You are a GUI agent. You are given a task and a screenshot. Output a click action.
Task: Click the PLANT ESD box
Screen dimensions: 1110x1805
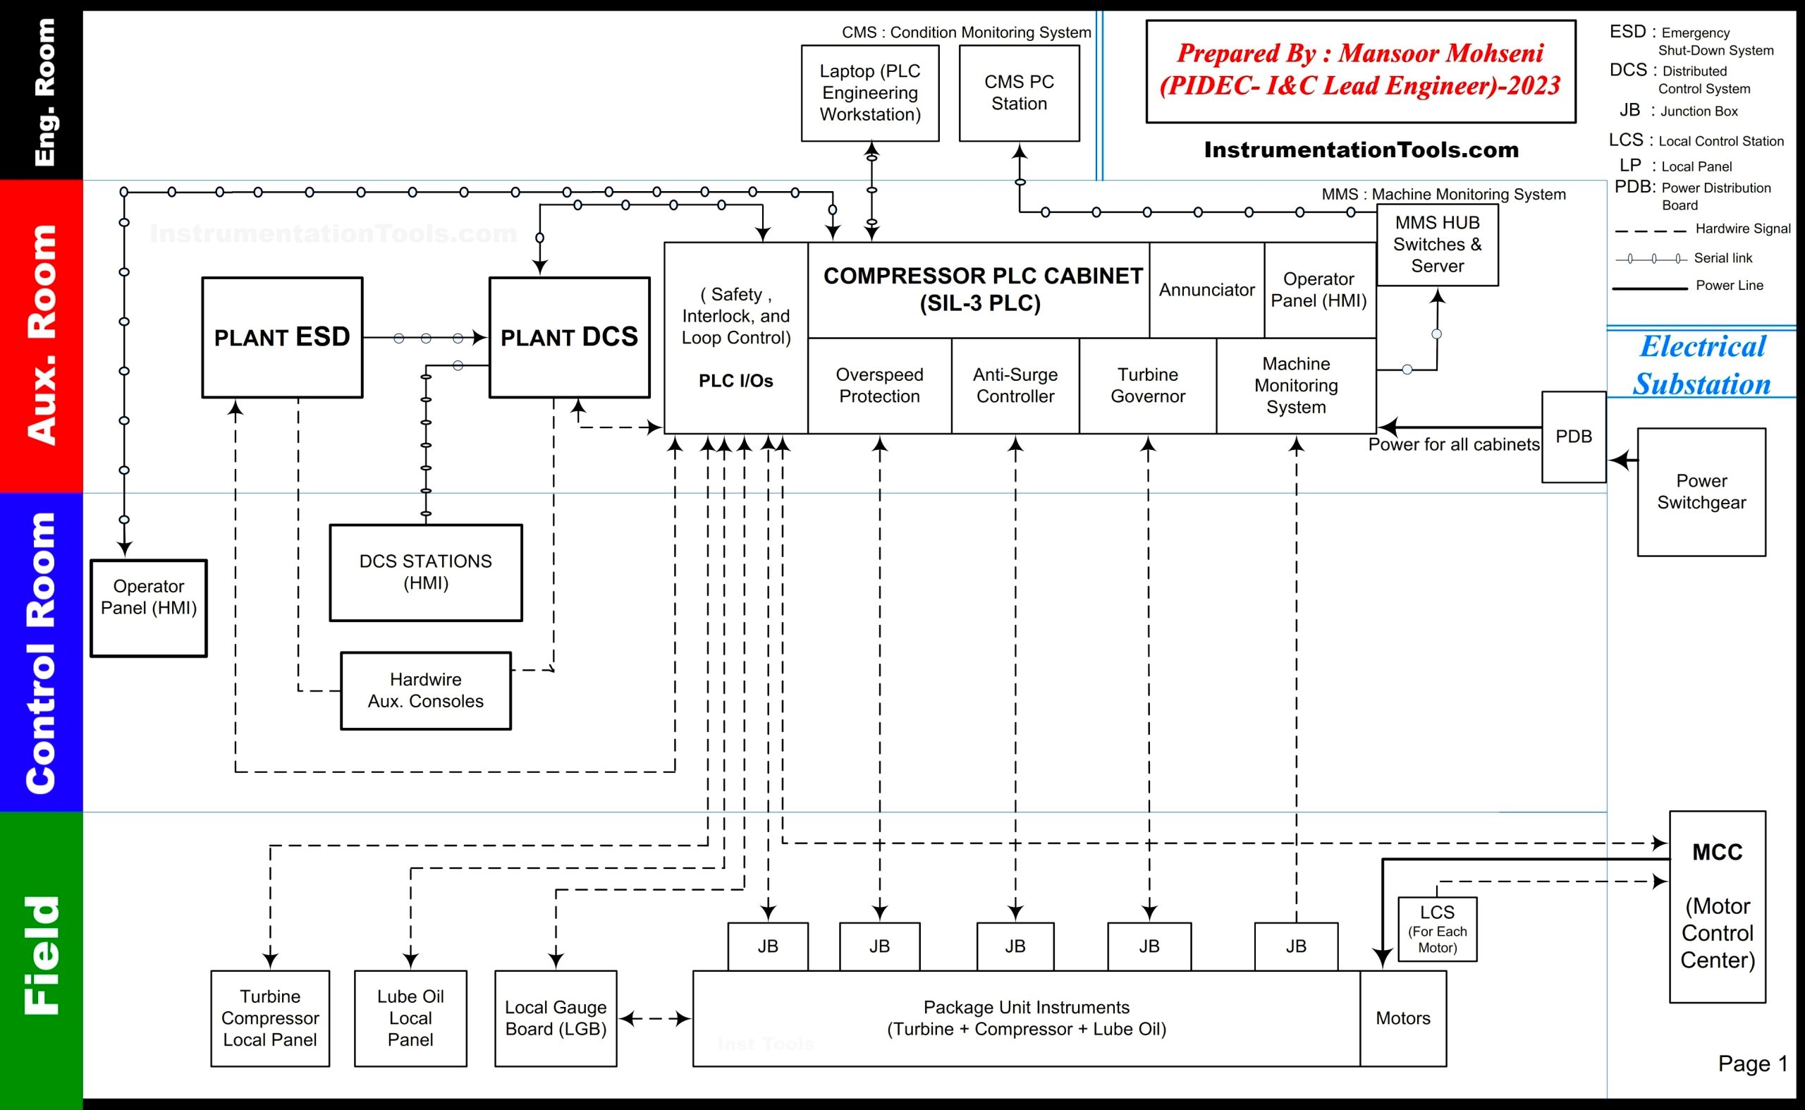click(282, 337)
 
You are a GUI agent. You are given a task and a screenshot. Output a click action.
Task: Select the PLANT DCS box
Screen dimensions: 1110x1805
click(569, 337)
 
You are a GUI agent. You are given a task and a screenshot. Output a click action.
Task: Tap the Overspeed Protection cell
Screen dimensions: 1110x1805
click(879, 386)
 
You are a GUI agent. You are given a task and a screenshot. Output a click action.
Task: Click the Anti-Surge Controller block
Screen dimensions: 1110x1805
click(1015, 386)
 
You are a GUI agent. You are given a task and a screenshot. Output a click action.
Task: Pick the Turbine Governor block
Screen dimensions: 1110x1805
click(1147, 386)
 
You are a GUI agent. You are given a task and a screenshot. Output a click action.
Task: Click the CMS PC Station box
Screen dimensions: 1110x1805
click(1019, 93)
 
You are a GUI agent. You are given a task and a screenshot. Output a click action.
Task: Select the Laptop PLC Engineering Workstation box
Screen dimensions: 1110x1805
click(870, 93)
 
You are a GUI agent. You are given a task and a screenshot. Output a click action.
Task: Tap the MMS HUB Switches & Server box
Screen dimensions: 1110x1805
click(1436, 245)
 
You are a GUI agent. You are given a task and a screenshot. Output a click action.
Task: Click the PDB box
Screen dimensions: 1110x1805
click(1573, 437)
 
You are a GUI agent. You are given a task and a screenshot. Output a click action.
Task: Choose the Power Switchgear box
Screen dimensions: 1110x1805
click(1701, 492)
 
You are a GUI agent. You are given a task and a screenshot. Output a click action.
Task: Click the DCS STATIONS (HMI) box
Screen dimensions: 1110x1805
click(426, 573)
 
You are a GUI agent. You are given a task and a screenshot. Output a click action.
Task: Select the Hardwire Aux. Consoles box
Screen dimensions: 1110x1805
click(426, 691)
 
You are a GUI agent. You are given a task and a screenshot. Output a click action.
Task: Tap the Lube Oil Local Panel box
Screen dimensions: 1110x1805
click(410, 1018)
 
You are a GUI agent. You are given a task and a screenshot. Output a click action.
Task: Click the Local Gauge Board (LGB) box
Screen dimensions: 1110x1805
click(556, 1018)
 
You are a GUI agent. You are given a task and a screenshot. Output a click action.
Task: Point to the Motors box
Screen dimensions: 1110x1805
click(1402, 1018)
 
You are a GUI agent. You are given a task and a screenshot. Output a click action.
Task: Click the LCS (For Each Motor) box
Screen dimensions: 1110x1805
click(1436, 929)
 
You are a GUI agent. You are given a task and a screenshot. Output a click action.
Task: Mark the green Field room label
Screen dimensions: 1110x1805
click(41, 954)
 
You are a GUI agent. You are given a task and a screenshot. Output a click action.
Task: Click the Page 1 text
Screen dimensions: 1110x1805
click(1752, 1063)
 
